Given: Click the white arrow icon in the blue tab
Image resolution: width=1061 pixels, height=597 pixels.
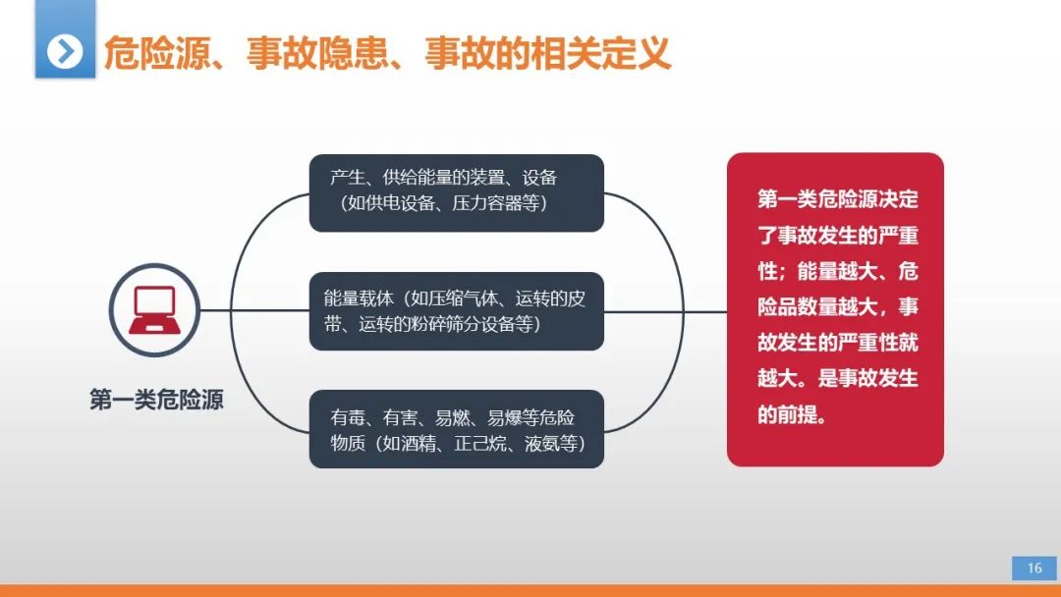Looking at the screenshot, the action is [65, 51].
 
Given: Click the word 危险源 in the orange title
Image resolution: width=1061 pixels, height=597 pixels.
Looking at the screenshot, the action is [157, 53].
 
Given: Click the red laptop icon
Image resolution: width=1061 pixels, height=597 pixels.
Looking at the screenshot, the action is [155, 310].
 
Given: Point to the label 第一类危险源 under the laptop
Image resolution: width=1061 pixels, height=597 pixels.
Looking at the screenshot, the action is [156, 400].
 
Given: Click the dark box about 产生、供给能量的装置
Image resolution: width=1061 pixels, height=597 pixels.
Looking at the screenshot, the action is [457, 192].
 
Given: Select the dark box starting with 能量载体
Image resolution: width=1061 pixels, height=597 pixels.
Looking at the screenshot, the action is [457, 311].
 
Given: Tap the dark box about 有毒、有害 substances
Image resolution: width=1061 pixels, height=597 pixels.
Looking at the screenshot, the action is [457, 429].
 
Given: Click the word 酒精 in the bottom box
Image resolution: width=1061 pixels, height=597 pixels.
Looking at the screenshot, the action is [419, 444].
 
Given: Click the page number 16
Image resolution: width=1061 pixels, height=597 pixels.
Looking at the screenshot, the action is [1034, 569].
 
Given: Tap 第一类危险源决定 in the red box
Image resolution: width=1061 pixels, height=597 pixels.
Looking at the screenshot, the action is [838, 199].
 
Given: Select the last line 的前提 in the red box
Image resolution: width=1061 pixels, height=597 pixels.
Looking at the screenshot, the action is [792, 413].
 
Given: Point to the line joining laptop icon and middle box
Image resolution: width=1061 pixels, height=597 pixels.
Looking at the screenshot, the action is [254, 310].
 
